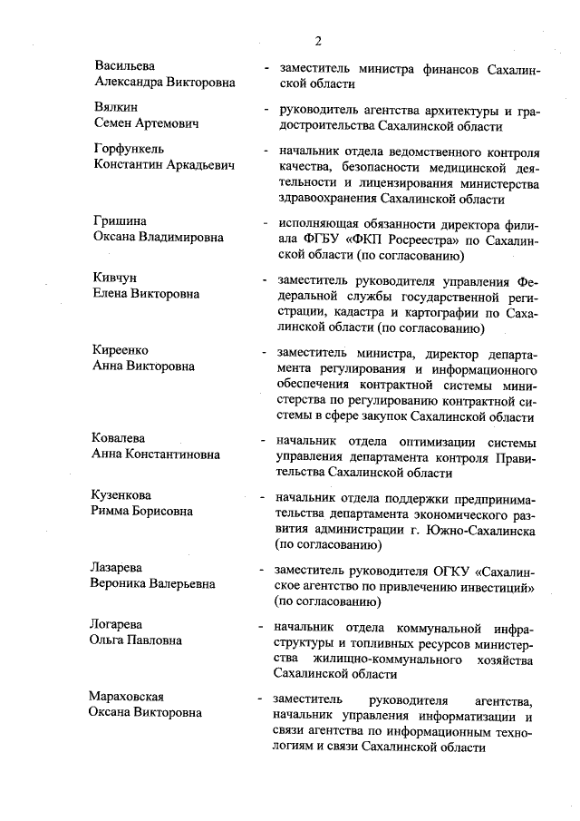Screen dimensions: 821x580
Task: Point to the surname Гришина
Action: pyautogui.click(x=121, y=221)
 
